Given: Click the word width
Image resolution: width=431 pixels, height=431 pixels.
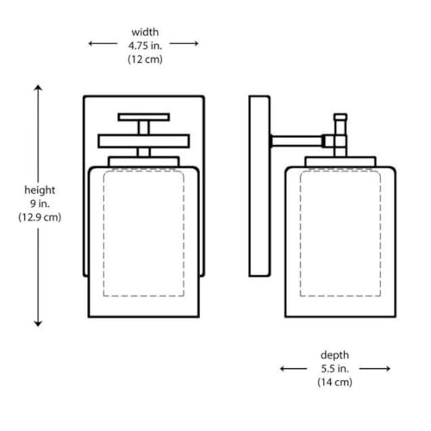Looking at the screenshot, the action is tap(145, 32).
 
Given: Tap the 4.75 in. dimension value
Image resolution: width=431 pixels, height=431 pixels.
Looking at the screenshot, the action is tap(145, 46).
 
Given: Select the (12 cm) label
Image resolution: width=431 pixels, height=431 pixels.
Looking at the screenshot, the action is tap(145, 59).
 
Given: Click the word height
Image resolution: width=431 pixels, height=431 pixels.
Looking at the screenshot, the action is tap(40, 191).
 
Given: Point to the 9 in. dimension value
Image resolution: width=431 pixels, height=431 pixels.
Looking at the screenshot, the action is tap(40, 203).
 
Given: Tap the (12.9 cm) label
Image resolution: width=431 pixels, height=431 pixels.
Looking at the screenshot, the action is tap(40, 217).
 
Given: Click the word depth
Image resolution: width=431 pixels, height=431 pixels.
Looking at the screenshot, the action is tap(334, 355).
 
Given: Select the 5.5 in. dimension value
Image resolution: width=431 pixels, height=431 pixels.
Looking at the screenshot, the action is tap(334, 369).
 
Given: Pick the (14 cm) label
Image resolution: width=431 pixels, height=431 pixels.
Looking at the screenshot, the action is tap(334, 382).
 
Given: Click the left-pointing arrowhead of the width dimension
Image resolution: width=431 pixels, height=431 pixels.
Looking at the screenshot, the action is tap(91, 43).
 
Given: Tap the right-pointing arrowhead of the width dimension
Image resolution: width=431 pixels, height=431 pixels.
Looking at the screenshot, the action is tap(196, 43).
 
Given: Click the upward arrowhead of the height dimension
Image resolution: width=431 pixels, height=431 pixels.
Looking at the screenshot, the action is tap(38, 88).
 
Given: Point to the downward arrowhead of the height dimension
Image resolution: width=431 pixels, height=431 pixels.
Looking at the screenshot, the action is tap(38, 323).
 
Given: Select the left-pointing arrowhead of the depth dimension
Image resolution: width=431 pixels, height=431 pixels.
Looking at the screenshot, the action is tap(283, 369).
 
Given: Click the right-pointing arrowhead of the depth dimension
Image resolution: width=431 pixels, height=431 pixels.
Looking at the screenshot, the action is tap(388, 369).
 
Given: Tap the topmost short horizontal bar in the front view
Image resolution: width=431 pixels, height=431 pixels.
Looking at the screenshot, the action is tap(144, 117).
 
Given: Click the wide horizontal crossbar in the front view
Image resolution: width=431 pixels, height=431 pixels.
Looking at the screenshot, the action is tap(144, 141).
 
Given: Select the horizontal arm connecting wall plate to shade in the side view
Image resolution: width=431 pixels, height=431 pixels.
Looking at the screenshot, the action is tap(297, 141).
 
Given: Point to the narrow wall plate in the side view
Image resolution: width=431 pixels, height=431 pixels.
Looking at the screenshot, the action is tap(259, 186).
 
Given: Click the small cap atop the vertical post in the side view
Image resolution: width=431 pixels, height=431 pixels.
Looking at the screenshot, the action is tap(340, 117).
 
